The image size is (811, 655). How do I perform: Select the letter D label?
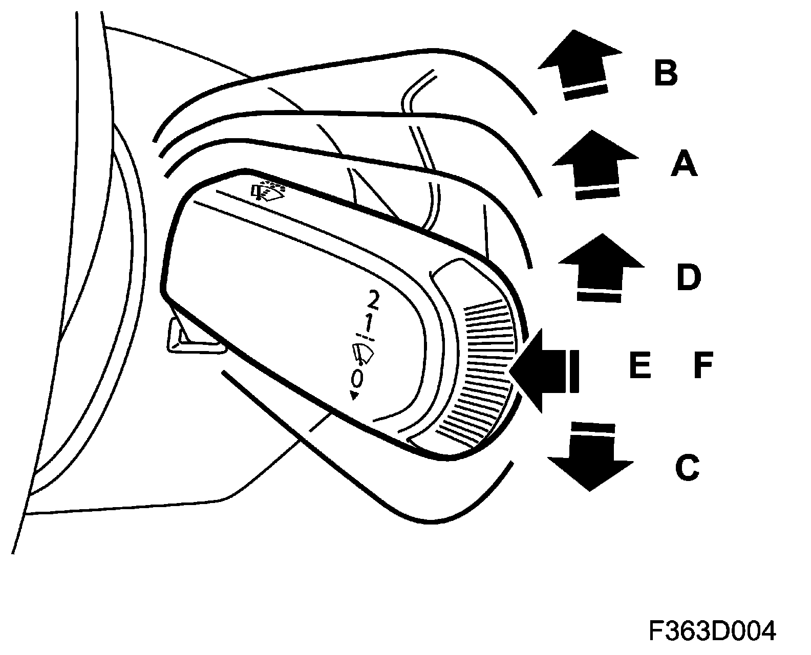(688, 278)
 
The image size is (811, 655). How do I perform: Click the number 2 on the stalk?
(373, 300)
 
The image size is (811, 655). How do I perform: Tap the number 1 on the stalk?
(368, 324)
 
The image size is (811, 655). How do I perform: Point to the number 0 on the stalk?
(357, 378)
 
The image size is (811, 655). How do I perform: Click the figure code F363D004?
(712, 631)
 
